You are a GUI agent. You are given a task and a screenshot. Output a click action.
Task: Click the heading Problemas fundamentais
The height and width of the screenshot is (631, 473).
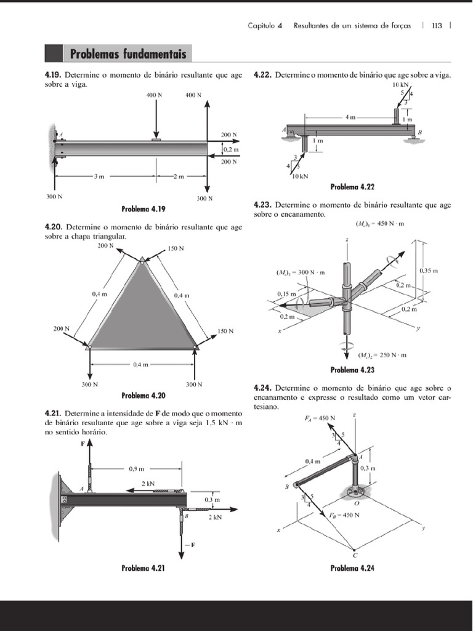[127, 54]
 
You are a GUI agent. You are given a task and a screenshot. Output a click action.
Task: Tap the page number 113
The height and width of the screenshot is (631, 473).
[437, 26]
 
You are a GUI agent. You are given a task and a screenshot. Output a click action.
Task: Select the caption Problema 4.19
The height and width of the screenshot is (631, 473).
[147, 208]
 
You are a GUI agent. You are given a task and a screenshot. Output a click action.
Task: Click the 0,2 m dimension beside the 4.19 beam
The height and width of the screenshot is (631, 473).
[231, 149]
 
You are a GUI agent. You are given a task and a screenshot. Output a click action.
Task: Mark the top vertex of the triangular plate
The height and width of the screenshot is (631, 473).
[142, 262]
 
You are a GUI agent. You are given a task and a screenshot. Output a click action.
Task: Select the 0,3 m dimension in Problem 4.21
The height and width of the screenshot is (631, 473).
[212, 499]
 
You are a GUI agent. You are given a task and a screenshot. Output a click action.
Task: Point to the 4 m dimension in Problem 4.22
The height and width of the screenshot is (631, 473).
[350, 116]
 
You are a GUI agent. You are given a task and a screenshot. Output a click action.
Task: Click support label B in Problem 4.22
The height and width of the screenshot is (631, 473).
[420, 132]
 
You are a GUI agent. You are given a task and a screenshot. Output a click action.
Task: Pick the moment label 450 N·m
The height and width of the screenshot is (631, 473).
[379, 223]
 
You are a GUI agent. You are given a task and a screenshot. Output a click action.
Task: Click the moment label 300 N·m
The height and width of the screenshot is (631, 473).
[300, 272]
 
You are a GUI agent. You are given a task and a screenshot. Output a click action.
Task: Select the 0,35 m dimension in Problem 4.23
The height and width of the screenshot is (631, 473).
[428, 271]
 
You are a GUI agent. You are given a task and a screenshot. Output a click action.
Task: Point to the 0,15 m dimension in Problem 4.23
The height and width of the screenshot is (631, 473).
[286, 294]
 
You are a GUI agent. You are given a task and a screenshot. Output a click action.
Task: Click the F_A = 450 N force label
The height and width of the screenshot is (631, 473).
[320, 418]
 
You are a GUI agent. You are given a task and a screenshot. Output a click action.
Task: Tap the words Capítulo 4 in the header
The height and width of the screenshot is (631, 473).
[265, 26]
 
